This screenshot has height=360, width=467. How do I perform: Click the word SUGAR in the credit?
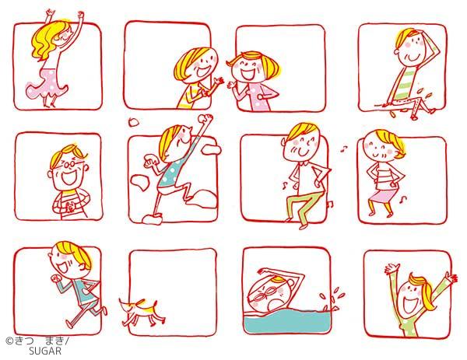click(45, 351)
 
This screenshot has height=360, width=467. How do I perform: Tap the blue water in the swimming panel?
click(286, 321)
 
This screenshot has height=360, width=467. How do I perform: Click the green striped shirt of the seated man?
click(405, 84)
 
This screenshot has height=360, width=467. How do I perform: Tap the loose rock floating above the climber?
click(133, 121)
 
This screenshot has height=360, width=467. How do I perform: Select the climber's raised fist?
click(206, 117)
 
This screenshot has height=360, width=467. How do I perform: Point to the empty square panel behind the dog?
click(173, 292)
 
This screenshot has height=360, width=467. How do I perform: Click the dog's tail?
click(122, 303)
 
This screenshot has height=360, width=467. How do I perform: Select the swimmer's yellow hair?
click(277, 279)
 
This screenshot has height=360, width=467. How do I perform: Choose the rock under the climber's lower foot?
click(153, 219)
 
